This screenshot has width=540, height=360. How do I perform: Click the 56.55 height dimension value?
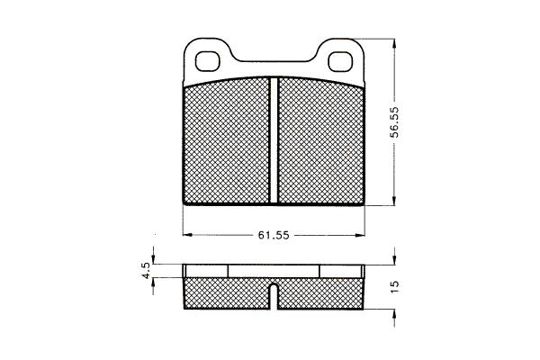point(395,122)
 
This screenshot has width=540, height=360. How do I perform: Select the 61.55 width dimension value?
point(274,235)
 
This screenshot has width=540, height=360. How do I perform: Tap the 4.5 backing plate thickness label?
point(146,270)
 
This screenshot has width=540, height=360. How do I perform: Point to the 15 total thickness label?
point(395,286)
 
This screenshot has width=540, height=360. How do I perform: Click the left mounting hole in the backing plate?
point(207,62)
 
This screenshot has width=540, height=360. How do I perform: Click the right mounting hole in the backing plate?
point(341,62)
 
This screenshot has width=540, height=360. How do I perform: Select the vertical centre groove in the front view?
point(274,139)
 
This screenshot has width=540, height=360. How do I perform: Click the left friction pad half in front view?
point(226,142)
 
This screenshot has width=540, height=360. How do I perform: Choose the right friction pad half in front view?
point(321,142)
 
